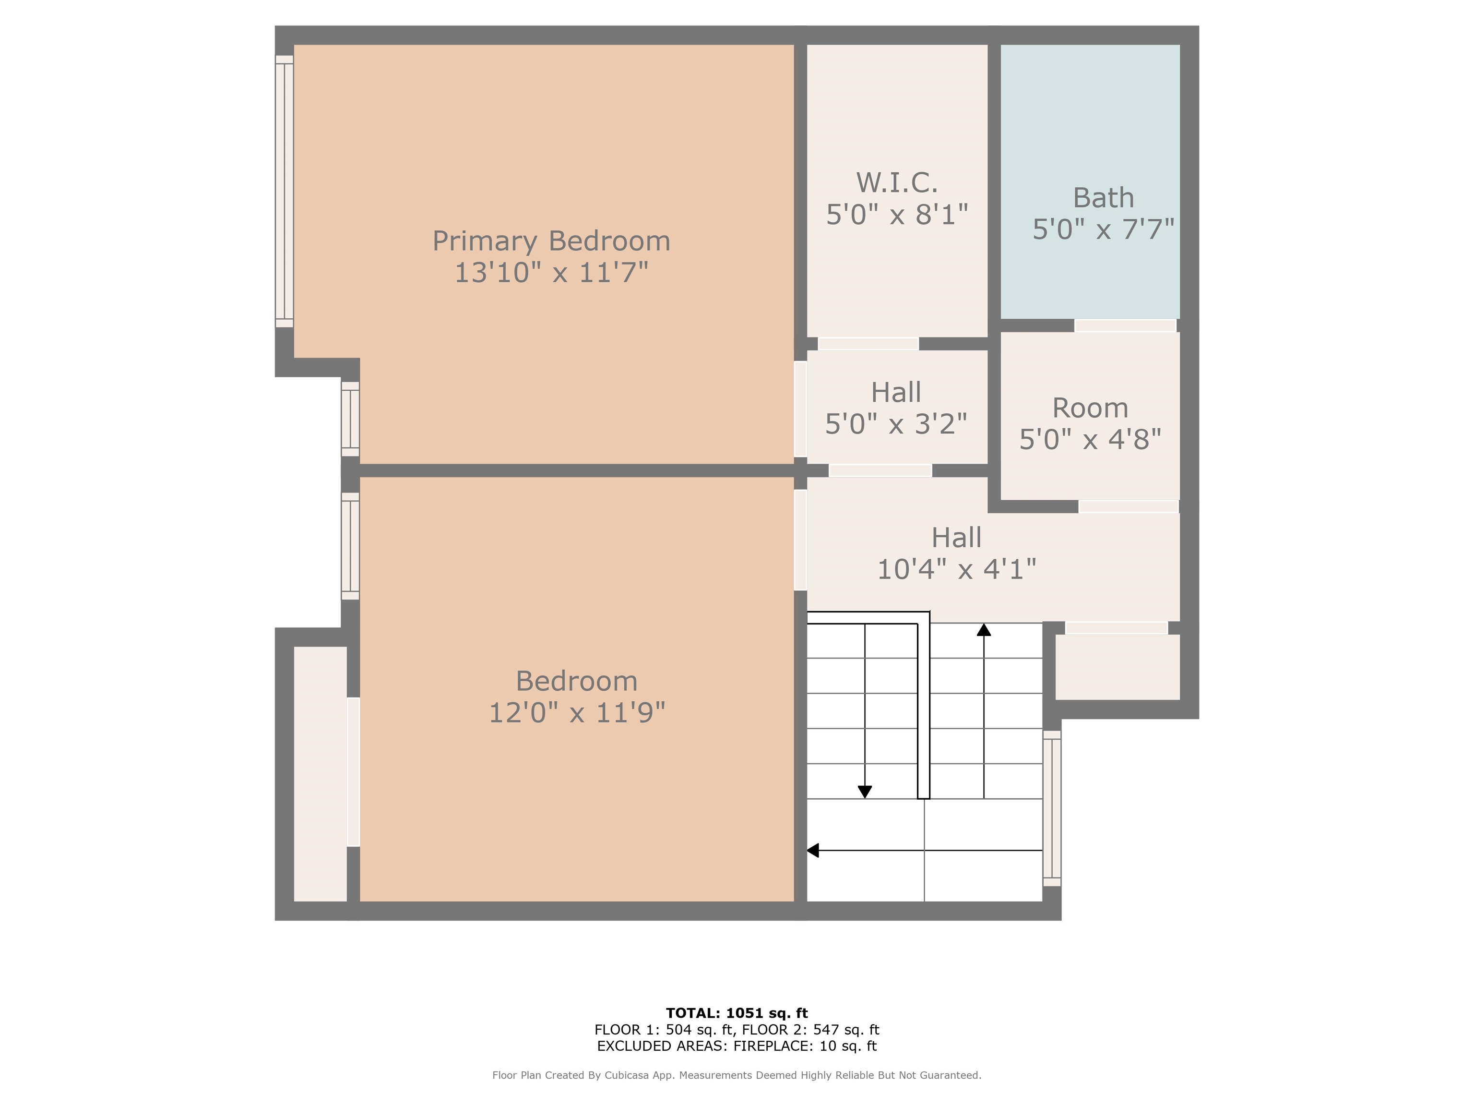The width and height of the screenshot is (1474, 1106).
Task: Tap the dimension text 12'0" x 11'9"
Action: tap(577, 713)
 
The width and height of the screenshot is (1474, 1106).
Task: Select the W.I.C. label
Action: tap(897, 182)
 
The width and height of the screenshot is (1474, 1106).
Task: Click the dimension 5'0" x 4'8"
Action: tap(1090, 439)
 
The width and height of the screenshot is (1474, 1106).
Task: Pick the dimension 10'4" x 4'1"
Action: tap(956, 569)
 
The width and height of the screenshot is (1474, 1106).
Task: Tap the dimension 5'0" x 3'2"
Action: tap(896, 424)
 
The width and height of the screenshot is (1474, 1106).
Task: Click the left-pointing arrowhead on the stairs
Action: tap(813, 851)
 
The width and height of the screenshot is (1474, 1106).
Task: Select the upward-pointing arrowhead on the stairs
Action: tap(984, 629)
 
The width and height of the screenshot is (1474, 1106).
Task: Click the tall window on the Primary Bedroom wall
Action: tap(285, 192)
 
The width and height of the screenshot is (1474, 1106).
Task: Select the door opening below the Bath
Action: tap(1125, 325)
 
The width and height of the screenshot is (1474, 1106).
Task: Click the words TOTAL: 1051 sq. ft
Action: tap(737, 1013)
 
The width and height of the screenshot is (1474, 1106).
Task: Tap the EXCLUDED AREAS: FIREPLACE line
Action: tap(737, 1046)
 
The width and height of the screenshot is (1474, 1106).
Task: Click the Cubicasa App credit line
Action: tap(737, 1075)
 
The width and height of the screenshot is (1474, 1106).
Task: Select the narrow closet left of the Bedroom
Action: tap(321, 774)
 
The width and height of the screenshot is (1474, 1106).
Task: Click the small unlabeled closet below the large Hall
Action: tap(1117, 667)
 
